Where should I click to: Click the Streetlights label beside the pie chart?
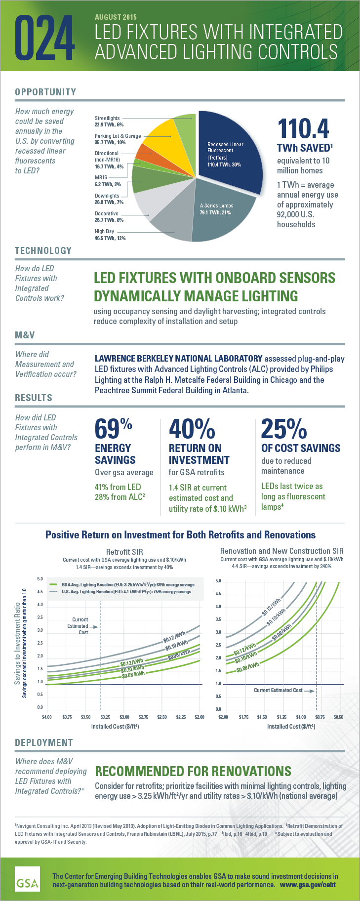(x=107, y=119)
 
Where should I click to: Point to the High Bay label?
(x=104, y=231)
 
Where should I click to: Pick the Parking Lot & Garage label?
(x=118, y=136)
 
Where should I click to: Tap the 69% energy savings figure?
(x=113, y=429)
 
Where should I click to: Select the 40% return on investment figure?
(x=192, y=429)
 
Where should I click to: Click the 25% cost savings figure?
(x=284, y=429)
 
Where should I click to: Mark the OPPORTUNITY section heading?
(x=45, y=92)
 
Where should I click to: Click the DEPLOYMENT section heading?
(x=44, y=742)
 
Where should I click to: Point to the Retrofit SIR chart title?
(x=124, y=552)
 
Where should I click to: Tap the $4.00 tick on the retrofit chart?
(x=47, y=717)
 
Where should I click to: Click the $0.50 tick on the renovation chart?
(x=338, y=717)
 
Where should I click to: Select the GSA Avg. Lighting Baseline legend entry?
(x=127, y=584)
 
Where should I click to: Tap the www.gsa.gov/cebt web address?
(x=308, y=885)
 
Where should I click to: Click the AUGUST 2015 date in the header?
(x=116, y=17)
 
